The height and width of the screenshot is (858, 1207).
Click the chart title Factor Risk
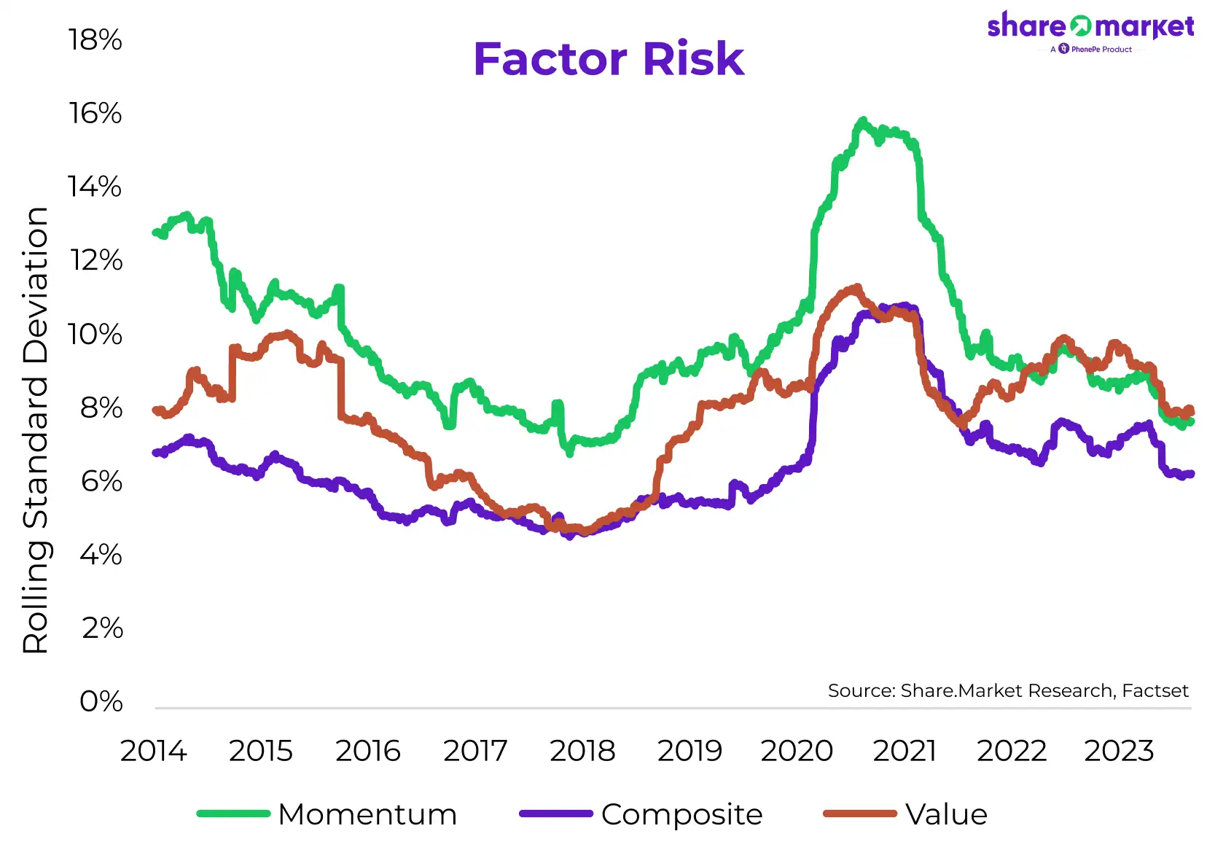[609, 59]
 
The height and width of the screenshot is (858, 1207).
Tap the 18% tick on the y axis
[95, 40]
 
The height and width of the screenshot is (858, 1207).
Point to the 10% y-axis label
[95, 335]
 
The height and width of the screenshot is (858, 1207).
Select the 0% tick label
[101, 701]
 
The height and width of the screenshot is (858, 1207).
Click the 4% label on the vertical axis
[101, 555]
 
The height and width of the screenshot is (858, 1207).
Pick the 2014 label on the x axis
[153, 751]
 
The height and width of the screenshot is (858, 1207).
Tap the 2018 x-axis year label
[582, 751]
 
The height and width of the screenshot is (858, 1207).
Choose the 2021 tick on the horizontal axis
[905, 751]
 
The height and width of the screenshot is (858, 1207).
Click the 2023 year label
[1119, 751]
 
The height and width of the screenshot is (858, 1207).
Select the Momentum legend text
[367, 814]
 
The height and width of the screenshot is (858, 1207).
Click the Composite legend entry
[681, 814]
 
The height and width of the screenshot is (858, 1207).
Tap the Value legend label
[946, 814]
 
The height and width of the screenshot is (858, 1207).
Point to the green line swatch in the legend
[234, 814]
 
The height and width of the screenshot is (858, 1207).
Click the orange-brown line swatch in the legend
[859, 814]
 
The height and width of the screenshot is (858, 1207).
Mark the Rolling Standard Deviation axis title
[36, 430]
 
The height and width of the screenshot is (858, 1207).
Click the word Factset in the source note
[1155, 690]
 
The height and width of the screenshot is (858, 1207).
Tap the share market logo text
[1090, 27]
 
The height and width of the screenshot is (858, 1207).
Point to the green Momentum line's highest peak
[863, 120]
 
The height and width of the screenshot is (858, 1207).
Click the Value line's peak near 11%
[856, 288]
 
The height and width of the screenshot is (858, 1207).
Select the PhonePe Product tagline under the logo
[1095, 50]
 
